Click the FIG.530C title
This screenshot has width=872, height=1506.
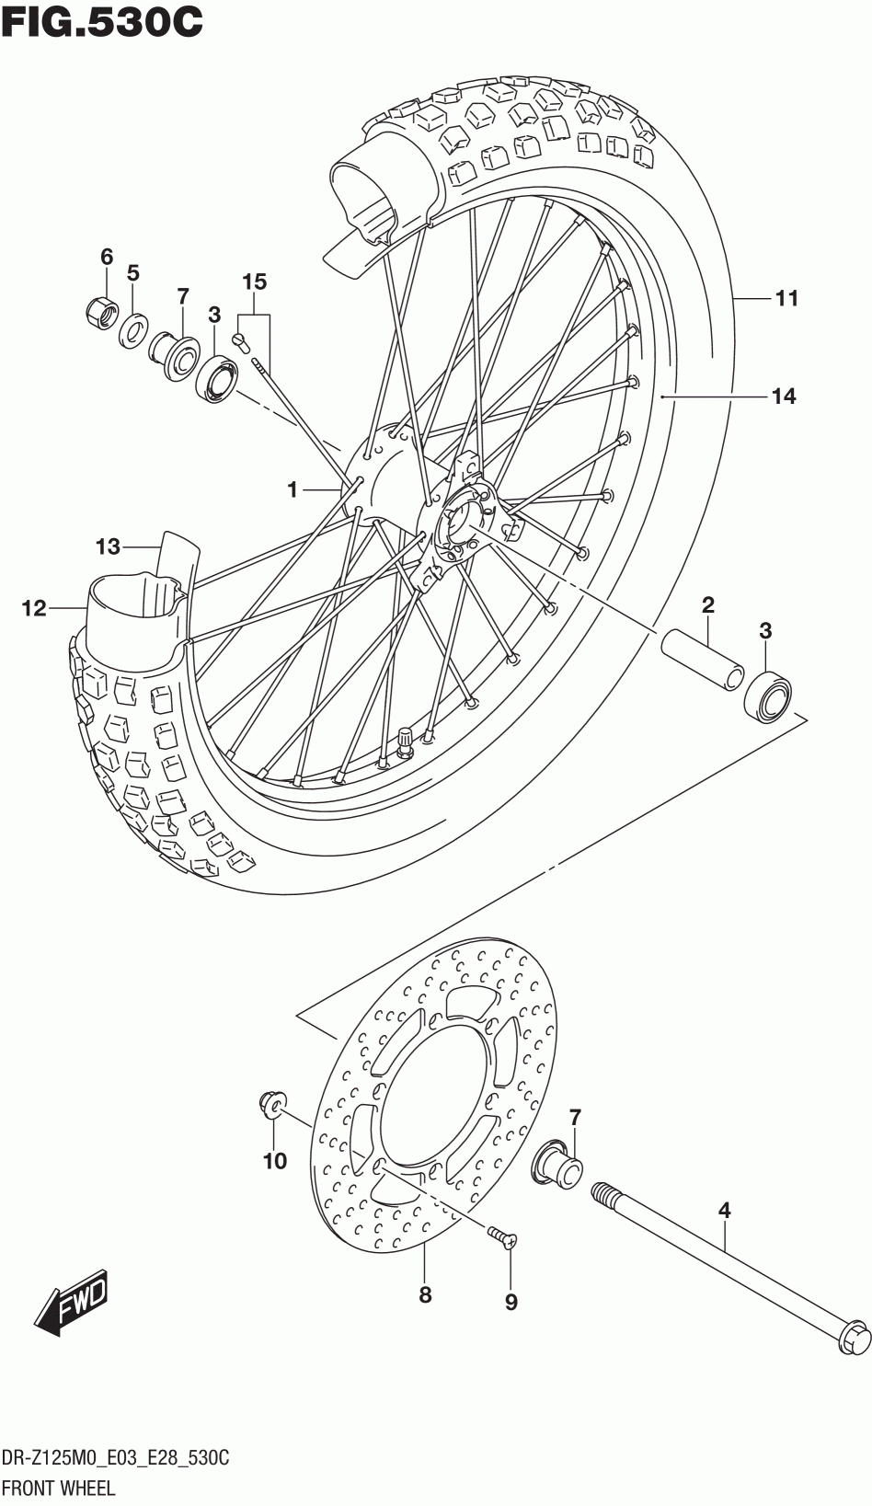point(101,21)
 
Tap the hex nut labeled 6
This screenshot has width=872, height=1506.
point(102,310)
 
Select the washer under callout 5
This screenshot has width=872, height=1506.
point(134,329)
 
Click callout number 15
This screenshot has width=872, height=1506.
point(255,282)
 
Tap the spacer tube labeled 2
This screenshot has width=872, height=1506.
point(702,661)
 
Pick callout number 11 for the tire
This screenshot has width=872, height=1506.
point(786,298)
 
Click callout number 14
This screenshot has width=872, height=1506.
point(784,397)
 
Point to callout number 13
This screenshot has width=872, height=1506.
point(108,546)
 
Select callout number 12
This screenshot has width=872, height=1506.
point(34,608)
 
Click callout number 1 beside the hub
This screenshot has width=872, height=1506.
point(293,490)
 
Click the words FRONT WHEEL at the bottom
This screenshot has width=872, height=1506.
point(59,1487)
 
